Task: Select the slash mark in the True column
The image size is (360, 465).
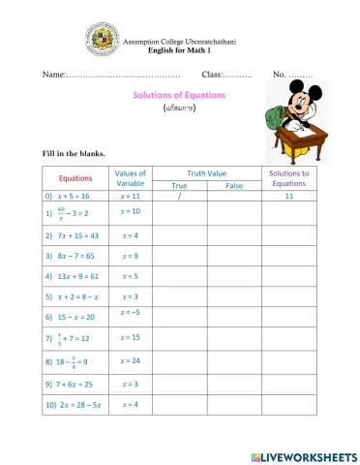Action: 179,196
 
